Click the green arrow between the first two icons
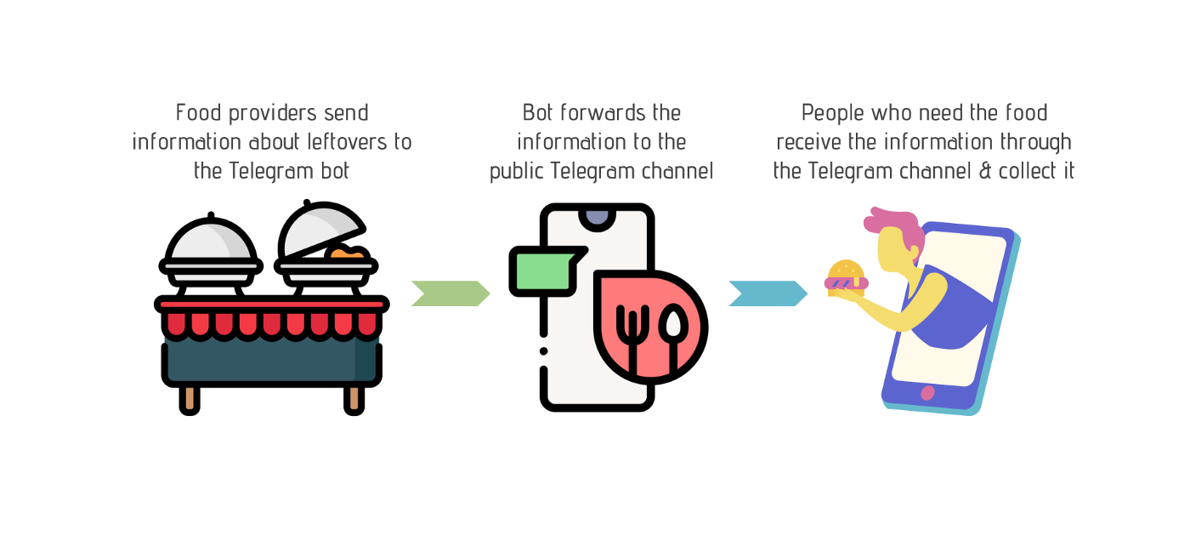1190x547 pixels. tap(450, 293)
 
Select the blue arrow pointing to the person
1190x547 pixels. tap(768, 293)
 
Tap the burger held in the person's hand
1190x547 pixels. tap(846, 278)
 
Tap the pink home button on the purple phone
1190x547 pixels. tap(927, 393)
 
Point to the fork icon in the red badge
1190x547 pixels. tap(632, 338)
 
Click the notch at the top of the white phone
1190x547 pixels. tap(597, 219)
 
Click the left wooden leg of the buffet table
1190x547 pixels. tap(190, 401)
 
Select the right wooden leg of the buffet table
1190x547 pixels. tap(354, 401)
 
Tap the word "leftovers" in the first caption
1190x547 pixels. tap(348, 142)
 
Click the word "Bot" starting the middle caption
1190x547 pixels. tap(538, 112)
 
